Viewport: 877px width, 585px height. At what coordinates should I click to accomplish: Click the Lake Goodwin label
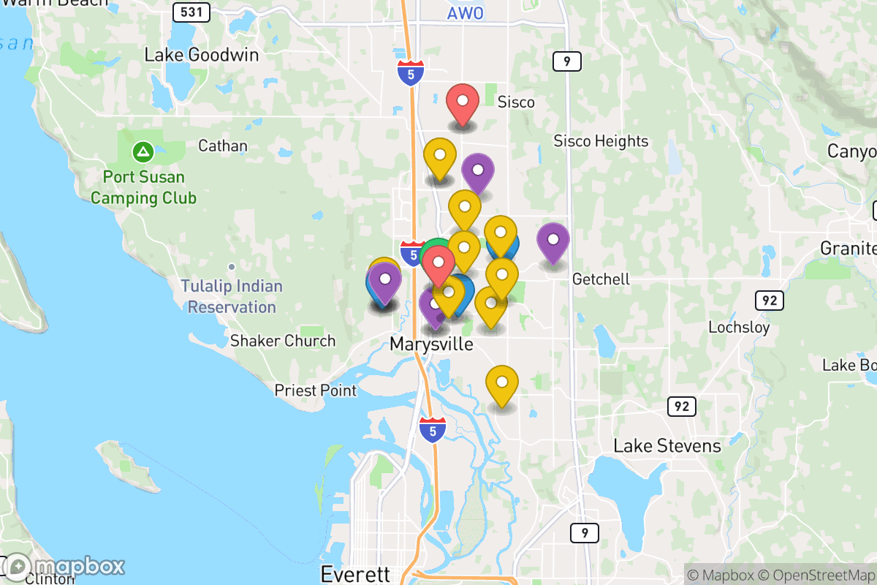(x=201, y=55)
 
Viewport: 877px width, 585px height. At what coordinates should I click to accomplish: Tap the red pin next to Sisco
(x=462, y=103)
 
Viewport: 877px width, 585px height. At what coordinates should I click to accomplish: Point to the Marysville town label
(x=431, y=344)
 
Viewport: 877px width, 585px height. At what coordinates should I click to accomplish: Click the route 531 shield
(x=192, y=12)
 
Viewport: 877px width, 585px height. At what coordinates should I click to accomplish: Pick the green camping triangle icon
(x=143, y=153)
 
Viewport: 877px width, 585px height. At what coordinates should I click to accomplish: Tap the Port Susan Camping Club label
(x=143, y=187)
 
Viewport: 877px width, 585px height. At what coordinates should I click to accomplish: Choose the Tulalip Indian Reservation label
(x=232, y=296)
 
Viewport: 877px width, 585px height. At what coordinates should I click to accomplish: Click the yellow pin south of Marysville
(x=502, y=384)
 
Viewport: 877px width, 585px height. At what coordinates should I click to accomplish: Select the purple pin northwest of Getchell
(x=553, y=241)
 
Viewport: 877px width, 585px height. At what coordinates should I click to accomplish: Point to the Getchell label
(x=601, y=279)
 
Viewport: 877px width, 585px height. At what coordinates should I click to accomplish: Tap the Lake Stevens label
(x=667, y=446)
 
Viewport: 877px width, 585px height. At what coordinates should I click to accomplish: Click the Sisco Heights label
(x=601, y=141)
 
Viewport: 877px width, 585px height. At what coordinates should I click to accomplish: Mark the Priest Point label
(x=316, y=391)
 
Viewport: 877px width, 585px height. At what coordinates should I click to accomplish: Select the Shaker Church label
(x=283, y=341)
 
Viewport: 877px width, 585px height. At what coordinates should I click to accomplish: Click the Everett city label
(x=356, y=574)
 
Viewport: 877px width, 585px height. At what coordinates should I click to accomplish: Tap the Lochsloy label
(x=739, y=327)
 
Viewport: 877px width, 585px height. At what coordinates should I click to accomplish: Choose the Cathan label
(x=223, y=146)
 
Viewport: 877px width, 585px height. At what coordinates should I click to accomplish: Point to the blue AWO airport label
(x=465, y=13)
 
